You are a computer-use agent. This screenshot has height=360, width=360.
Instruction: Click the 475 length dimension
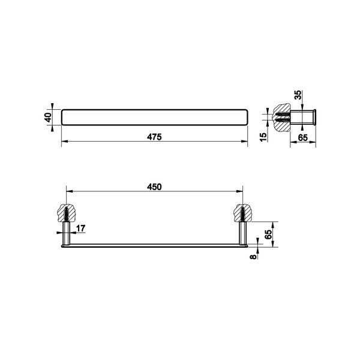(x=155, y=137)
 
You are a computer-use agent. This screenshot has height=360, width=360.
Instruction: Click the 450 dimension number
(x=155, y=186)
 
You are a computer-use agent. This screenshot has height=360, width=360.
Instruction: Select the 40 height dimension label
(x=49, y=118)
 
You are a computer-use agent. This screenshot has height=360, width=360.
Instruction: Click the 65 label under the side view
(x=302, y=137)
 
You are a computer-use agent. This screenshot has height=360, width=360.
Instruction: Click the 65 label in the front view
(x=269, y=230)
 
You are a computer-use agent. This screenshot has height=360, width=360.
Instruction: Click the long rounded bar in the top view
(x=154, y=118)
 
